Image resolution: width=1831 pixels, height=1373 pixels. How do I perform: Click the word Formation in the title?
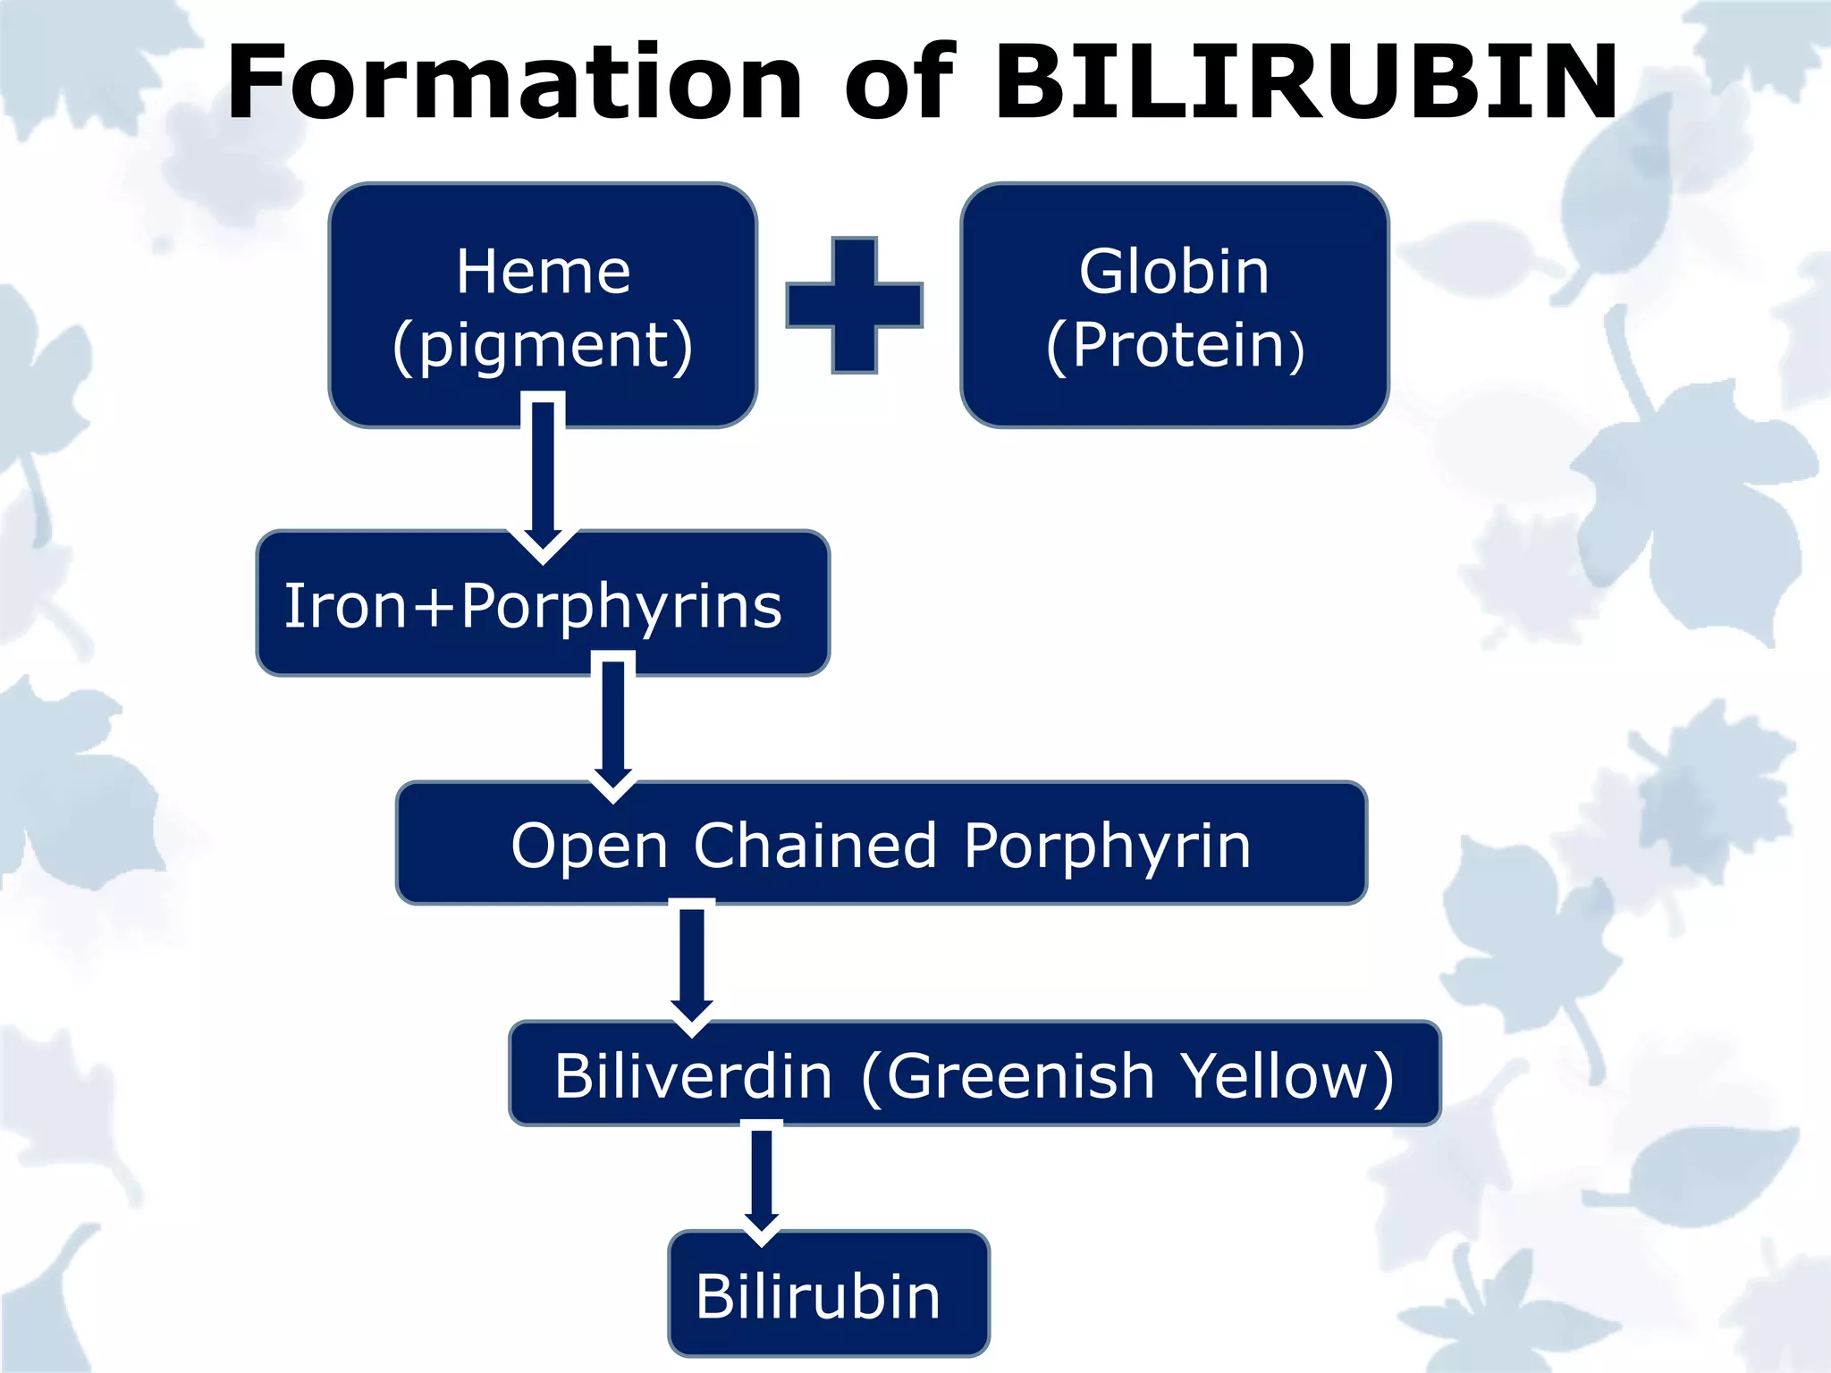[515, 82]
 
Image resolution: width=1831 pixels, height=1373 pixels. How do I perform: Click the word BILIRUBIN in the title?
[1306, 82]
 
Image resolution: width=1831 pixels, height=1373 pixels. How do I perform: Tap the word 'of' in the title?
[899, 82]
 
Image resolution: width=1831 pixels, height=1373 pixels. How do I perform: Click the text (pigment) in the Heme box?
[543, 346]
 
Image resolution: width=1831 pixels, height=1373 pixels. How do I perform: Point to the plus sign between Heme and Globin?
[854, 305]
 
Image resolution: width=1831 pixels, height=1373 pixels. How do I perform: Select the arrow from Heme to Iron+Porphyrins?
[543, 474]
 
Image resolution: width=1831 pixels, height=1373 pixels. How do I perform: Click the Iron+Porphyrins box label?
[533, 606]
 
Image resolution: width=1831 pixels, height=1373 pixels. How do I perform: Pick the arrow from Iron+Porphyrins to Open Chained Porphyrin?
[613, 724]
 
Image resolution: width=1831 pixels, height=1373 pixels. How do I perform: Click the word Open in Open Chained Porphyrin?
[590, 846]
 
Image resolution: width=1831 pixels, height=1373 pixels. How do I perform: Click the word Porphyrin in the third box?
[1107, 846]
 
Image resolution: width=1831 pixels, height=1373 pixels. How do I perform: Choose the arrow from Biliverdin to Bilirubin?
[762, 1180]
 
